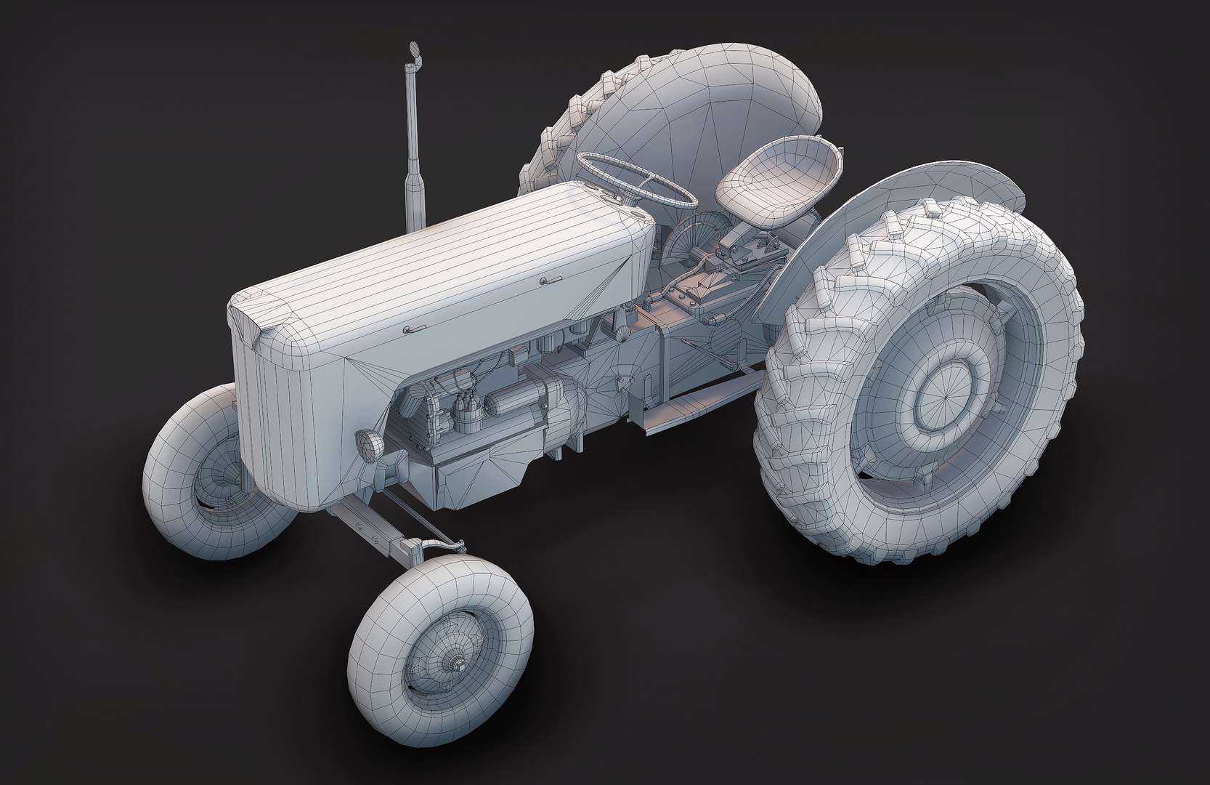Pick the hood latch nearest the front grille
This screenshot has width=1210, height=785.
point(416,330)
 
